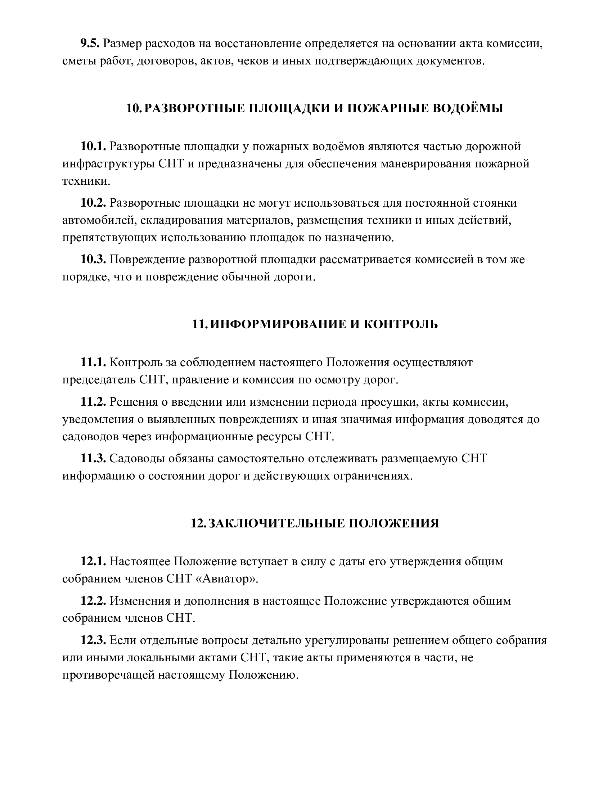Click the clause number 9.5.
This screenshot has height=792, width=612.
click(90, 44)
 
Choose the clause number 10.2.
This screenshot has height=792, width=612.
click(93, 203)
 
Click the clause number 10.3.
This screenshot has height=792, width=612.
click(93, 260)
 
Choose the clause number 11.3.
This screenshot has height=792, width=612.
click(93, 458)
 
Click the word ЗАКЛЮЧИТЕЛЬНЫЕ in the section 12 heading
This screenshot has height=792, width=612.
click(275, 523)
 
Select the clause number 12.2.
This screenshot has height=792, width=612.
click(93, 601)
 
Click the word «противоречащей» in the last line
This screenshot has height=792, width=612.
click(107, 675)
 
